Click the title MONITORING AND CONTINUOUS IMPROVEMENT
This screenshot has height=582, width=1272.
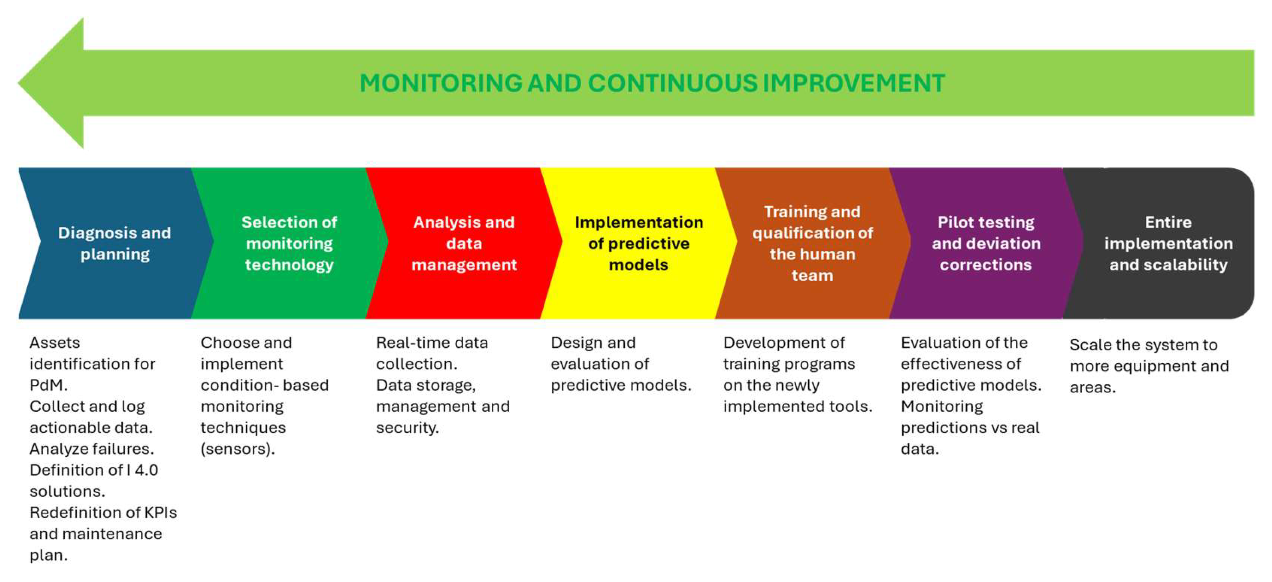(x=652, y=83)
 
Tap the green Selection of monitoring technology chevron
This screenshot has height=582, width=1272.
(x=289, y=243)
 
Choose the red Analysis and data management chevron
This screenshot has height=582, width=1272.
(x=464, y=243)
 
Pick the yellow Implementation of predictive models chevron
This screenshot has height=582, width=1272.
(x=638, y=243)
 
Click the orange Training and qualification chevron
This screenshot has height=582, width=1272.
(x=813, y=243)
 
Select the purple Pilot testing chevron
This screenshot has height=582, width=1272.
(x=987, y=243)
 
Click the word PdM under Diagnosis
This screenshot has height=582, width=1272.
(x=48, y=385)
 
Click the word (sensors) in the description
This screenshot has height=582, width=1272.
(x=237, y=449)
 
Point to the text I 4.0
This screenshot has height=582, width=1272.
(x=142, y=470)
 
